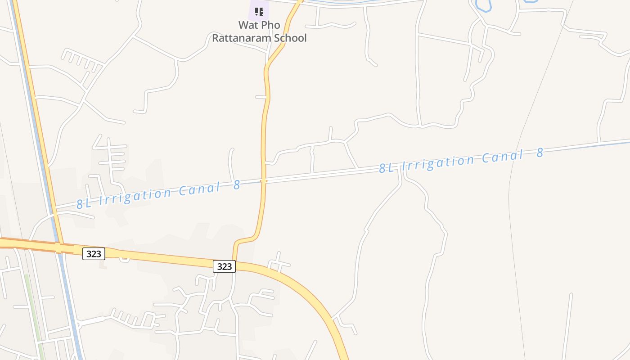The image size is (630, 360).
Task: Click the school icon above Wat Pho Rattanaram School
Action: click(259, 11)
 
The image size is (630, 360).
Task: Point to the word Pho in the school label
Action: click(271, 25)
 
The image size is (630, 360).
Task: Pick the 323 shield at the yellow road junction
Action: click(224, 266)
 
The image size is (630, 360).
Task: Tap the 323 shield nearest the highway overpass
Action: click(94, 254)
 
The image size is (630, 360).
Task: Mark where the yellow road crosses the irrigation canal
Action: click(264, 181)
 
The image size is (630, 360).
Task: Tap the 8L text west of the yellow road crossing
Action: click(84, 203)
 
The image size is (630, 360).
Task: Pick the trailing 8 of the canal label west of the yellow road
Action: click(237, 184)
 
